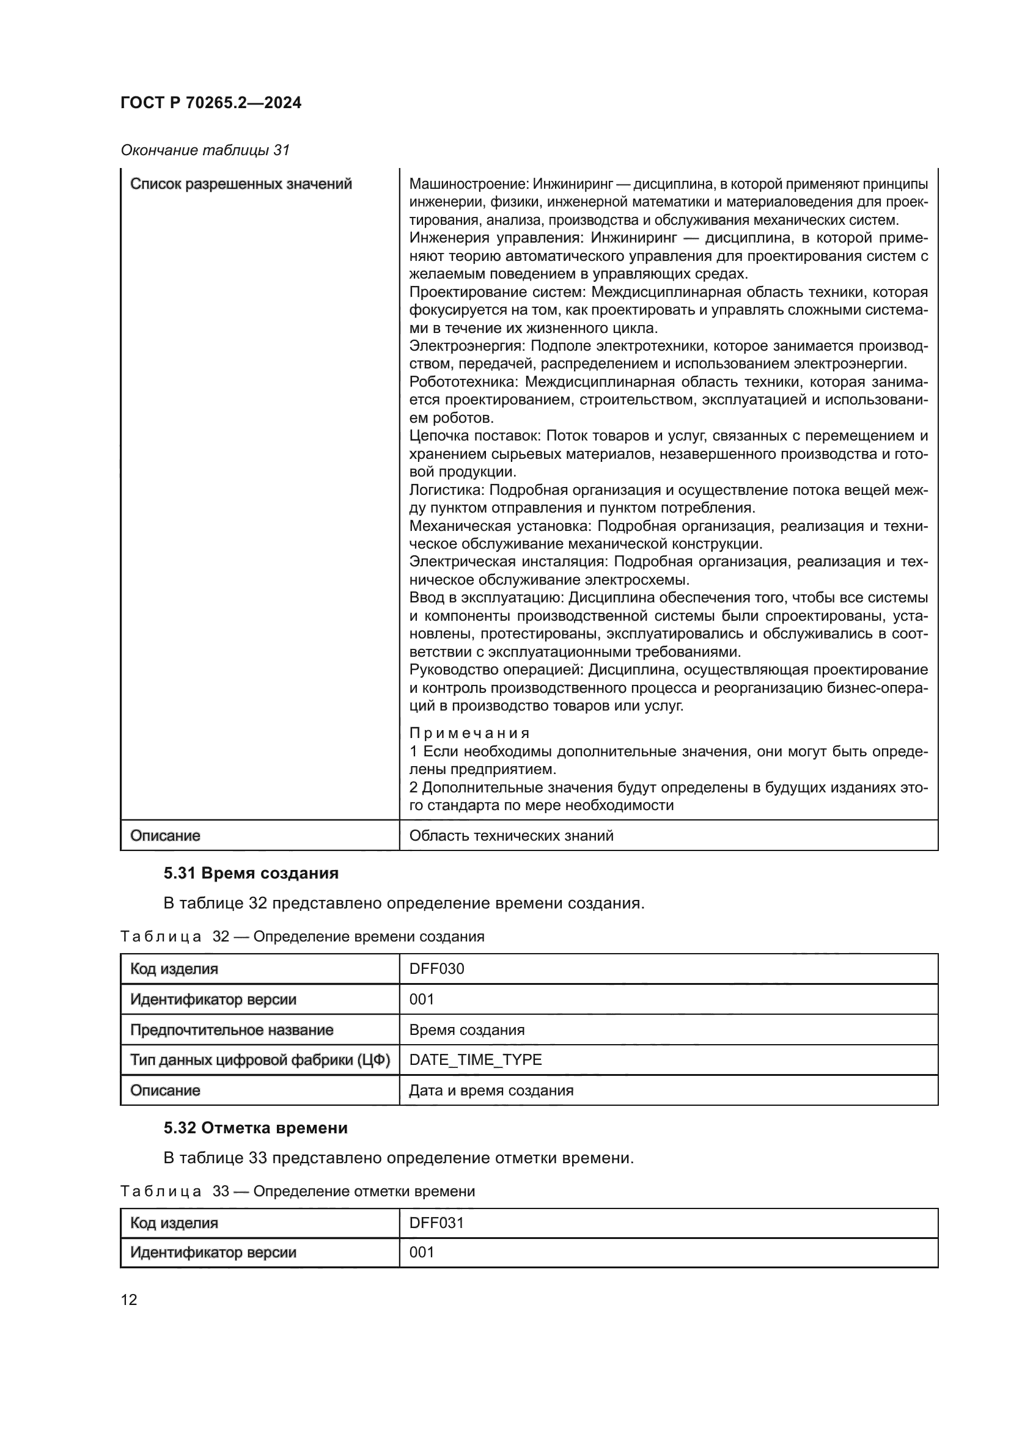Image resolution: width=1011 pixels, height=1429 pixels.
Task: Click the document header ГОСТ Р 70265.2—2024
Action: click(x=210, y=103)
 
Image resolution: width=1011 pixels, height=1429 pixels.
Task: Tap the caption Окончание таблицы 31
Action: click(x=205, y=150)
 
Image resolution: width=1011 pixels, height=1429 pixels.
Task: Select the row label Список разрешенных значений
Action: click(x=241, y=185)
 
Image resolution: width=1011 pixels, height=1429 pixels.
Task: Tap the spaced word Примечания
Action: click(x=469, y=733)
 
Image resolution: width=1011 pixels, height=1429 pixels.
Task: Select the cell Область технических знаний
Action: click(x=511, y=836)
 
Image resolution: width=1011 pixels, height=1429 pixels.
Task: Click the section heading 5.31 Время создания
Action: click(x=251, y=873)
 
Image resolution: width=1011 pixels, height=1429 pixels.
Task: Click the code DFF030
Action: click(x=436, y=969)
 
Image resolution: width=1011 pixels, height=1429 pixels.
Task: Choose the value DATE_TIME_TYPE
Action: click(x=475, y=1060)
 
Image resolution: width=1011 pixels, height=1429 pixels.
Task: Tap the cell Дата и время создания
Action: click(x=491, y=1091)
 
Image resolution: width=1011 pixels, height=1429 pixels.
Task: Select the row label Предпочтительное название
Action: click(x=232, y=1030)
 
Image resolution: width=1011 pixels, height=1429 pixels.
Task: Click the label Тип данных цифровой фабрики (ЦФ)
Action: click(x=260, y=1060)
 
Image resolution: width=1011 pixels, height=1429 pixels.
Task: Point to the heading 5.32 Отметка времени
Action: click(x=256, y=1128)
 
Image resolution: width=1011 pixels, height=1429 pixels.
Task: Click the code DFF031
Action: click(x=436, y=1223)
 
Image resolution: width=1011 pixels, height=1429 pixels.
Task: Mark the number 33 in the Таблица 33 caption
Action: click(x=221, y=1191)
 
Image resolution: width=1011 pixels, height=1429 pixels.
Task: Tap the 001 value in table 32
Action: click(x=422, y=1000)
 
